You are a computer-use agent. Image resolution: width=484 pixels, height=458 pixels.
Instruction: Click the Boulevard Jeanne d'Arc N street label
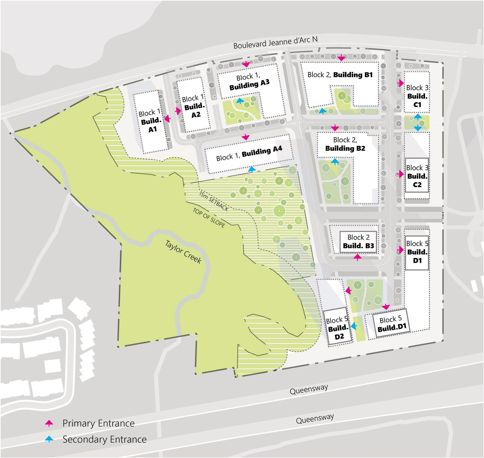[x=275, y=42]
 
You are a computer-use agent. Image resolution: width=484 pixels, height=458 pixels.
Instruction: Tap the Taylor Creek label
[x=183, y=252]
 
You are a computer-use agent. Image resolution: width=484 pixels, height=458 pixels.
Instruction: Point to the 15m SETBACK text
[x=214, y=201]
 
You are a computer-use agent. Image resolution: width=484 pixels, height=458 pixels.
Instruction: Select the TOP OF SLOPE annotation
[x=209, y=218]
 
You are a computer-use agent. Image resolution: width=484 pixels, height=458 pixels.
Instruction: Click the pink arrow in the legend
[x=49, y=423]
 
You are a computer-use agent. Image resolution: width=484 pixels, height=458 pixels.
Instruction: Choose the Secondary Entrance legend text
[x=104, y=439]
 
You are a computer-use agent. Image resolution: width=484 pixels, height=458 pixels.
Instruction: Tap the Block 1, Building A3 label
[x=249, y=82]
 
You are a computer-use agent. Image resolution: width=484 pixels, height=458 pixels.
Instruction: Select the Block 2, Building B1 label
[x=340, y=75]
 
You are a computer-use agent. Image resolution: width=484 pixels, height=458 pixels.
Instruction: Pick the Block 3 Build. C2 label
[x=417, y=176]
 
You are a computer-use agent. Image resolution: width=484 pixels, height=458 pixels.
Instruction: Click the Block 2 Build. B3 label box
[x=358, y=242]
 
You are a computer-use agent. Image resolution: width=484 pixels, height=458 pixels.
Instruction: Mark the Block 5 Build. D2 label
[x=338, y=328]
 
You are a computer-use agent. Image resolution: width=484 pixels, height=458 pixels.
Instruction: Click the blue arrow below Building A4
[x=252, y=169]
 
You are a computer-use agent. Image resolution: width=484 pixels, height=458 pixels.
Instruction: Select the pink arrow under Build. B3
[x=357, y=257]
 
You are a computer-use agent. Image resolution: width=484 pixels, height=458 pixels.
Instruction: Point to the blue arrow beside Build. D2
[x=354, y=326]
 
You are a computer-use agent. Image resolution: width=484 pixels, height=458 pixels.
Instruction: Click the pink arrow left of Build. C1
[x=400, y=83]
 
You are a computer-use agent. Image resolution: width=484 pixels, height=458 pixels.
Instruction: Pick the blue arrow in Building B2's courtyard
[x=335, y=161]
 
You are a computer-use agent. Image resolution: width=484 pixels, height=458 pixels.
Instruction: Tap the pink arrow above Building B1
[x=341, y=58]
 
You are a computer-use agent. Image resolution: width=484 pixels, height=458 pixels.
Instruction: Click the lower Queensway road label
[x=315, y=419]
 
